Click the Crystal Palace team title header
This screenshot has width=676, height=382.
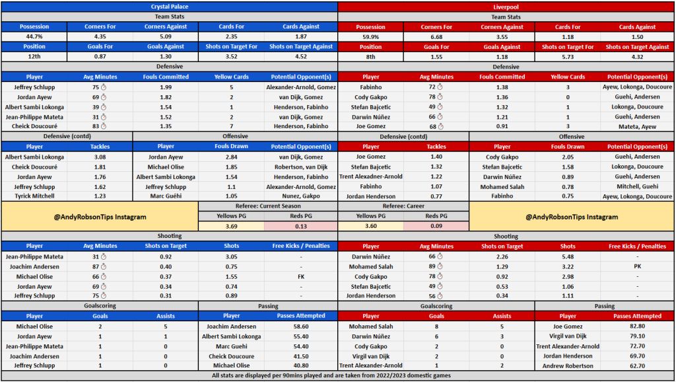pos(169,6)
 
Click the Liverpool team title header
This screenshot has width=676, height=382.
pos(506,6)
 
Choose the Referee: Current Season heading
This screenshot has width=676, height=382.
pos(268,206)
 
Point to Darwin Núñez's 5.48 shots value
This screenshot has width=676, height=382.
pos(573,256)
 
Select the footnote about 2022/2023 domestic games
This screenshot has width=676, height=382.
pos(337,375)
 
